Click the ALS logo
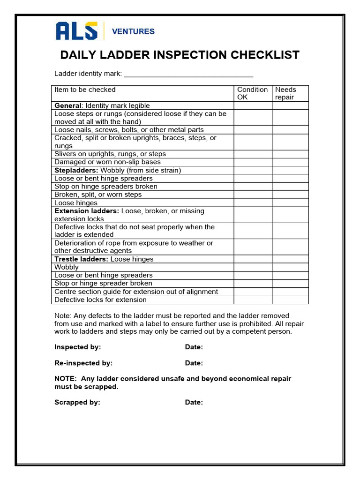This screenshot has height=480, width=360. tap(76, 31)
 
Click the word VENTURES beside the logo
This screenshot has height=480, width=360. tap(133, 31)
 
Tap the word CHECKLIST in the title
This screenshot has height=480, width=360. tap(265, 55)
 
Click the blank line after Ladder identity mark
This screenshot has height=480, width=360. tap(188, 74)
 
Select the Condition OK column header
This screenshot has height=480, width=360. tap(252, 93)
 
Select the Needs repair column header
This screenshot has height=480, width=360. tap(290, 93)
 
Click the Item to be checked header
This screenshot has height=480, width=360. tap(85, 90)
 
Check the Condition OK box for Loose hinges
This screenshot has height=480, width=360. tap(253, 203)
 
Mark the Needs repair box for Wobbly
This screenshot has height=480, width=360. tap(290, 267)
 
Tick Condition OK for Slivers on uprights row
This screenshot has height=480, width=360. tap(253, 154)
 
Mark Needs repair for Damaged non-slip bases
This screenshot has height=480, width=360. tap(290, 162)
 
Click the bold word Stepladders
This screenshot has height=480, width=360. tap(76, 170)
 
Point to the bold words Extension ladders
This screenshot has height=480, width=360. tap(87, 211)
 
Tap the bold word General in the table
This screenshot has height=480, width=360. tap(68, 105)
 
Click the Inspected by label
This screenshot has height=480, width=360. tap(78, 347)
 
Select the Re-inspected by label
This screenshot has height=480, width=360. tap(83, 363)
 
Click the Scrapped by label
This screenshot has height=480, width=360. tap(77, 402)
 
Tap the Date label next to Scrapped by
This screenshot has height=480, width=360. tap(194, 402)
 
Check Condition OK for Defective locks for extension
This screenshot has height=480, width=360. tap(253, 300)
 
